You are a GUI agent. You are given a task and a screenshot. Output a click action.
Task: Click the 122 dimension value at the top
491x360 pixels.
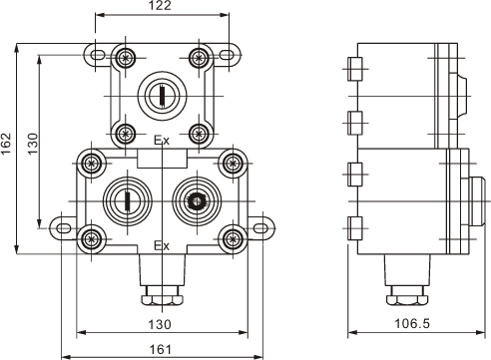point(160,5)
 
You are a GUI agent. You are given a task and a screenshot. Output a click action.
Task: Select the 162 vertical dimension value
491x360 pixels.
point(6,144)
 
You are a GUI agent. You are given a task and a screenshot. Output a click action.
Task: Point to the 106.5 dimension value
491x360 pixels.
point(412,323)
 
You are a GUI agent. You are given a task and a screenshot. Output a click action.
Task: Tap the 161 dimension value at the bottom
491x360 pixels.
point(160,350)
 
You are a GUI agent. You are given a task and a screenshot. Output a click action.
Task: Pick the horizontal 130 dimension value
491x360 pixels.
point(160,324)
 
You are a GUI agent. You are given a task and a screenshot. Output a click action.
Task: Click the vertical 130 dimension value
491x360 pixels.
point(33,144)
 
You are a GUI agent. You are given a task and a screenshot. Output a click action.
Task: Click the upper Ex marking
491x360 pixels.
point(162,141)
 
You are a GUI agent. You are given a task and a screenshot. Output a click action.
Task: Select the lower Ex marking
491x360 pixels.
point(162,246)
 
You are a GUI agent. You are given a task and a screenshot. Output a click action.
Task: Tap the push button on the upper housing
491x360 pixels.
point(162,96)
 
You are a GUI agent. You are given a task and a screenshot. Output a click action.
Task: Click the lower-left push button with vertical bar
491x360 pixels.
point(128,201)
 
